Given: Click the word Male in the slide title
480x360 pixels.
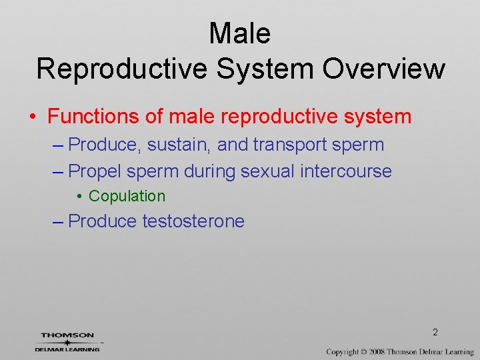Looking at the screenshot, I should tap(240, 33).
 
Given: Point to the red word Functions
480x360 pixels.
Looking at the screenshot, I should tap(94, 117).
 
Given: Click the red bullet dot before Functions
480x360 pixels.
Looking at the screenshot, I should tap(33, 117).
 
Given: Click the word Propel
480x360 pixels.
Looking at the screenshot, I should tap(95, 171).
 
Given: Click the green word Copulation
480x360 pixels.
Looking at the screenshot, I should tap(127, 196).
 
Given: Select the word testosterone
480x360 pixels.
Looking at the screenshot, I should tap(193, 221).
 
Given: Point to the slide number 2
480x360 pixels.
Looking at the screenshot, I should tap(435, 332).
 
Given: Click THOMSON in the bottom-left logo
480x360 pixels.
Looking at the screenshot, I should tap(67, 336).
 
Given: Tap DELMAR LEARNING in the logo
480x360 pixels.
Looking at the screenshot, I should tap(67, 349).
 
